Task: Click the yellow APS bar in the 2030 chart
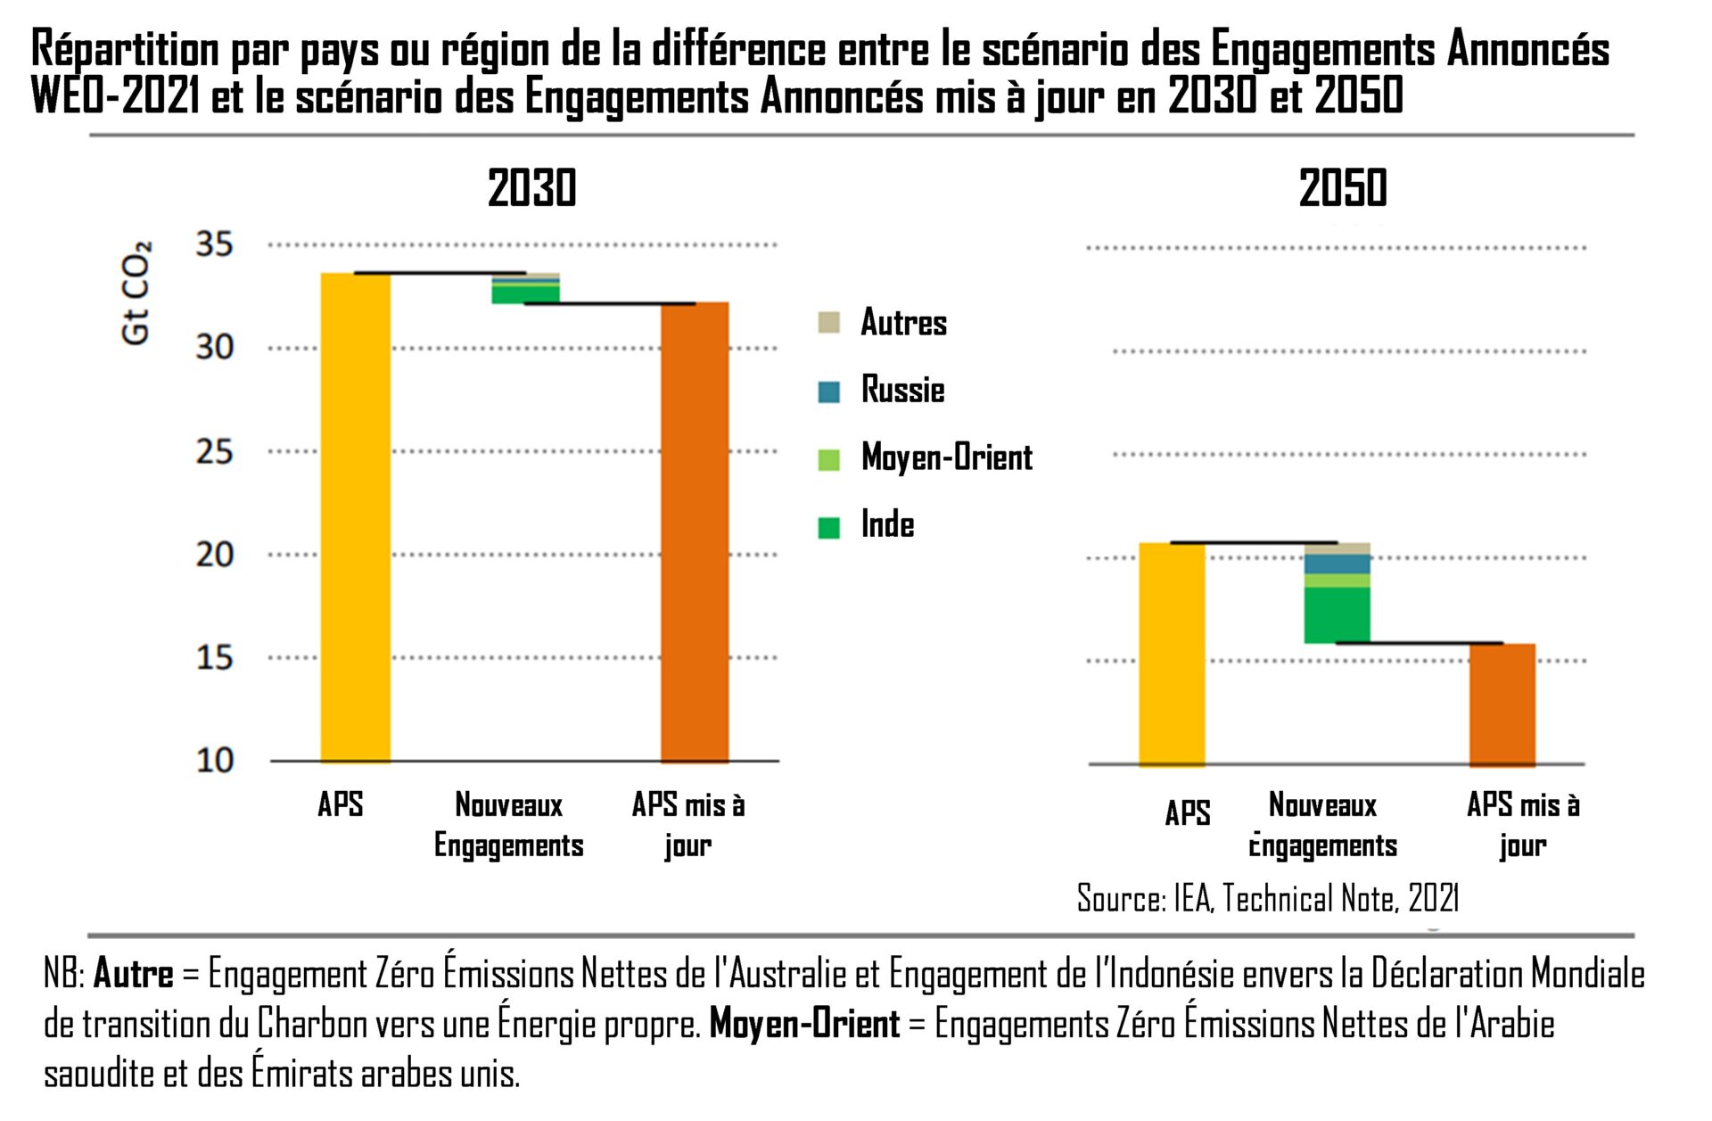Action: pos(355,517)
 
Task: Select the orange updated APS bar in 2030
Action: pos(695,532)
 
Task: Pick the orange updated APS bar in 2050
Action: pos(1502,704)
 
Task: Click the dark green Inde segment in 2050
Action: pos(1337,614)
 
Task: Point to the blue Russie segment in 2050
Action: pos(1337,564)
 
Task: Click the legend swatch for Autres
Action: pos(829,323)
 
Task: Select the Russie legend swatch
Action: pos(829,392)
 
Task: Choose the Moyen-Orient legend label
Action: pos(946,457)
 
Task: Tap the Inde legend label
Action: pos(887,525)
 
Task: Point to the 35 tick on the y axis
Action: pos(214,244)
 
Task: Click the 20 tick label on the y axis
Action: pos(214,555)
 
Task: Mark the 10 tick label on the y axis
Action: pos(214,761)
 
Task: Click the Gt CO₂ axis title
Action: pos(136,293)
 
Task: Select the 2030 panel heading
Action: pos(532,188)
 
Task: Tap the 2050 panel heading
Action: pos(1343,188)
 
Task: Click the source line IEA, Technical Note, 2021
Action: pos(1267,899)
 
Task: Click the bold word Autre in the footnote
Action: pos(133,974)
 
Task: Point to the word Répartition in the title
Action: pos(125,50)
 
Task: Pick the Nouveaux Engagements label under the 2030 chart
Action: pos(508,825)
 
